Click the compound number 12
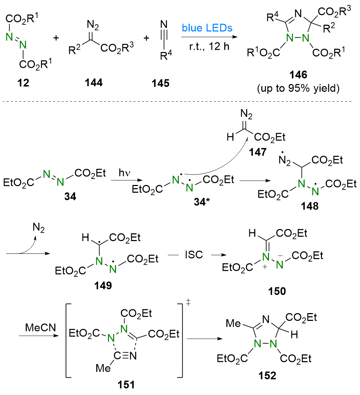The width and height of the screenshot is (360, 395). click(x=23, y=83)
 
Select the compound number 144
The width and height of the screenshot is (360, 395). click(x=93, y=83)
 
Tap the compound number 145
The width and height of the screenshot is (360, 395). click(x=160, y=83)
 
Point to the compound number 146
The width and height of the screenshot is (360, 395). click(x=298, y=75)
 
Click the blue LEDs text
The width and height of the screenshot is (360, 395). click(x=207, y=28)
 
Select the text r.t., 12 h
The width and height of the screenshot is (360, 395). click(x=209, y=47)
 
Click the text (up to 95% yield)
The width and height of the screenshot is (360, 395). click(x=298, y=88)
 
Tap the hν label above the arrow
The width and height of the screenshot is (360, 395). click(x=124, y=173)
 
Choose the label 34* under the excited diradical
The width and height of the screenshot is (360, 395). click(x=202, y=202)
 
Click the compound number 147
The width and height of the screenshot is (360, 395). click(x=258, y=152)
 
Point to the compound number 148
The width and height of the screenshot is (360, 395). click(x=310, y=206)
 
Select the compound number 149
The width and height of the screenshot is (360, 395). click(x=103, y=286)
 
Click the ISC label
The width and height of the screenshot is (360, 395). click(x=194, y=255)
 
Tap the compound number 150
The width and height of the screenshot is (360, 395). click(x=277, y=291)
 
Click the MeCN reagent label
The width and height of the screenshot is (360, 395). click(x=41, y=328)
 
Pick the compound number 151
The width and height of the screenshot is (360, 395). click(x=126, y=385)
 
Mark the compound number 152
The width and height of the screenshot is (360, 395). click(x=267, y=376)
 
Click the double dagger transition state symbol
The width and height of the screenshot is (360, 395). click(x=188, y=302)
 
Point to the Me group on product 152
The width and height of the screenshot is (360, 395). click(x=233, y=323)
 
